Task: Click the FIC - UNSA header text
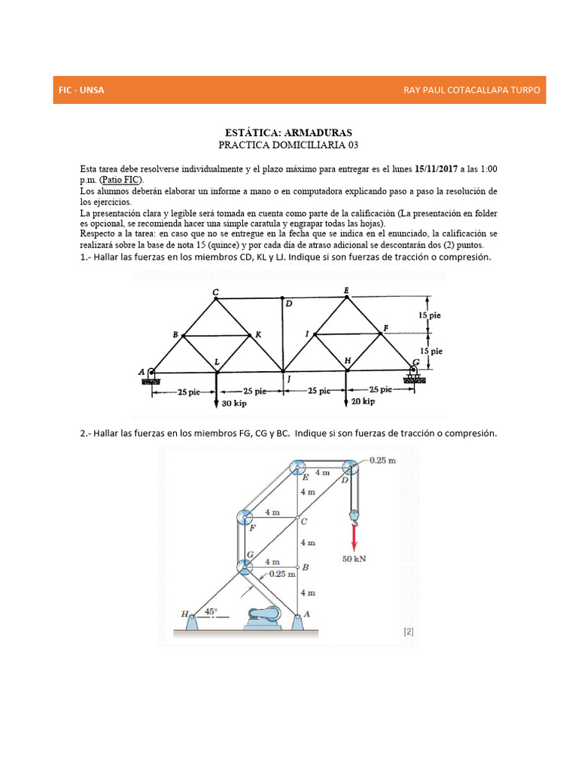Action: [81, 90]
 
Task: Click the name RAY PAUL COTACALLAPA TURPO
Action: [472, 90]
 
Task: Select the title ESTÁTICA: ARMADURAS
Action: [289, 133]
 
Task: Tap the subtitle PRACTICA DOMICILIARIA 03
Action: [289, 144]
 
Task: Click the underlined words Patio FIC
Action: [122, 179]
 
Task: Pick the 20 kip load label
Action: [364, 402]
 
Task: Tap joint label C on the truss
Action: [215, 292]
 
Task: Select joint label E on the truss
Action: [346, 290]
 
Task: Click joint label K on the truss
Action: [257, 334]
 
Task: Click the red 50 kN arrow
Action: [353, 538]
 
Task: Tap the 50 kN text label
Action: [354, 559]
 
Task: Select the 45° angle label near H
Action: [211, 611]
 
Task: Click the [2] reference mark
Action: [409, 632]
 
